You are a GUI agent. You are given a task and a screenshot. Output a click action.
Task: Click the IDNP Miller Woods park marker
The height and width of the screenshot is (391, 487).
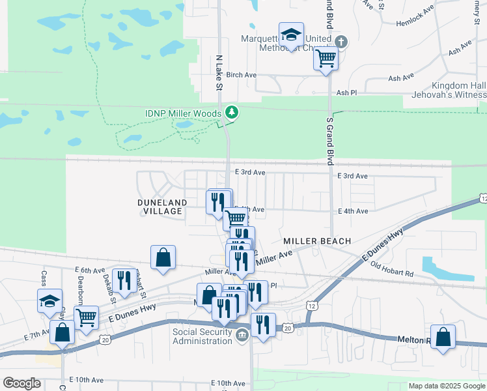tap(231, 113)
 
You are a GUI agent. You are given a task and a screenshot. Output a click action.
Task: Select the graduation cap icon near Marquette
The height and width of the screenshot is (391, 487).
tap(291, 34)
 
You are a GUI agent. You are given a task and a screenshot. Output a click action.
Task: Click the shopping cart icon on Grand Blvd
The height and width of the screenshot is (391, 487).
tap(326, 59)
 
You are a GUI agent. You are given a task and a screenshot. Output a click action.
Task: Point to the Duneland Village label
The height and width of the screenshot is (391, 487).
tap(162, 207)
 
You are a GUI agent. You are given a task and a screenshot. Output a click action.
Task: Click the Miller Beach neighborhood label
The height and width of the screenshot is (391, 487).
tap(317, 241)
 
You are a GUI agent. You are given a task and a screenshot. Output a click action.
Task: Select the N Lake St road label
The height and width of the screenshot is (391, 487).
tap(219, 72)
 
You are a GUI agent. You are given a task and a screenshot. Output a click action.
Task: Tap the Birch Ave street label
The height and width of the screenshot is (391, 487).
tap(241, 75)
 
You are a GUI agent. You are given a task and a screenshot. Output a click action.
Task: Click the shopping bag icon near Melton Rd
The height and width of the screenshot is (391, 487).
tap(443, 338)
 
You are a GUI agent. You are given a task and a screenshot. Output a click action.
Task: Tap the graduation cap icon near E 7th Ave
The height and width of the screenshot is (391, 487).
tap(49, 301)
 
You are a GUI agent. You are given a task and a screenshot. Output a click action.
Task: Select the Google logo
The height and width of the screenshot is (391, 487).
tap(21, 383)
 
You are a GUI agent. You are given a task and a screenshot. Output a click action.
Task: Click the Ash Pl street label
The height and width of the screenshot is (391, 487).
tap(347, 93)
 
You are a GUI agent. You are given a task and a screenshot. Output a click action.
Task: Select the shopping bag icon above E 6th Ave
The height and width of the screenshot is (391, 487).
tap(163, 257)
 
